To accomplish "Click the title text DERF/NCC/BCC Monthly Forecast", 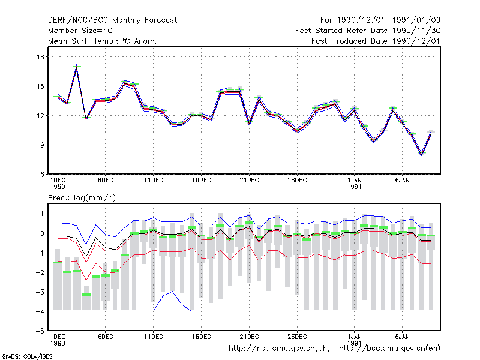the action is pos(112,20).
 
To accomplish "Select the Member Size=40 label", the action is pos(80,31).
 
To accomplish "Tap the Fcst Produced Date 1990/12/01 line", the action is pos(376,41).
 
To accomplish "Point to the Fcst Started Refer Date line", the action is pos(368,31).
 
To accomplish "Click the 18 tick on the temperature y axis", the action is pos(40,57).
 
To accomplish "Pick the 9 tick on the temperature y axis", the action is pos(42,145).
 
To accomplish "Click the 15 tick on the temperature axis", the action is pos(40,86).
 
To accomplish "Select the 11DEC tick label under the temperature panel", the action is pos(154,181).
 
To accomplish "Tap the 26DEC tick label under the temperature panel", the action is pos(297,181).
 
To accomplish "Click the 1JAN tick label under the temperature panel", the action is pos(355,181).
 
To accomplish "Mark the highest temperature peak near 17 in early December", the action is pos(77,67).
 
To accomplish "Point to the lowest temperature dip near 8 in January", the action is pos(422,154).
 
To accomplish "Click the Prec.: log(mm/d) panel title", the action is pos(82,198).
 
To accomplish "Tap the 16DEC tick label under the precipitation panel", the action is pos(201,337).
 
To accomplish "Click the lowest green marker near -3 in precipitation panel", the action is pos(86,295).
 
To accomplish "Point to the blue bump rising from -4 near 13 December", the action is pos(172,292).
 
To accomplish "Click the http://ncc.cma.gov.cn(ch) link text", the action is pos(279,349).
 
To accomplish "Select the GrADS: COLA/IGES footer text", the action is pos(28,356).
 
